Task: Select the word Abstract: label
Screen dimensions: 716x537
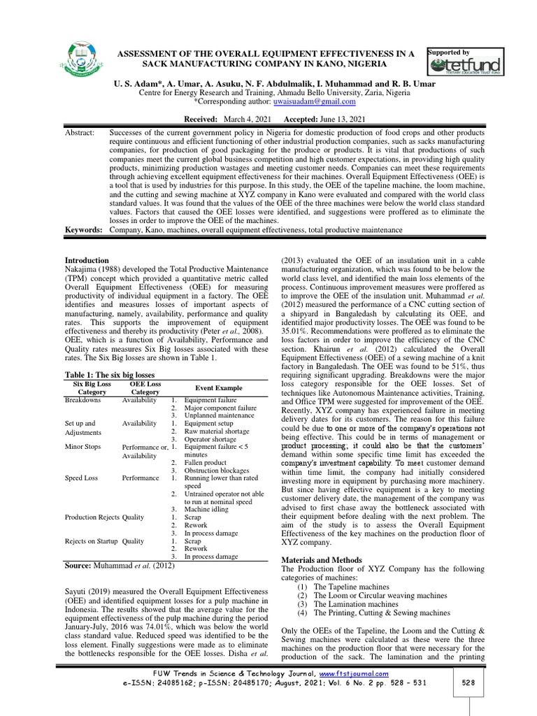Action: coord(80,131)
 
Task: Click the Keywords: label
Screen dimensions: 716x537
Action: coord(83,230)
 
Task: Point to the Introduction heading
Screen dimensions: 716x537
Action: coord(86,260)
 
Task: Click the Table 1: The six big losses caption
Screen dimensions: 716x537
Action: coord(113,375)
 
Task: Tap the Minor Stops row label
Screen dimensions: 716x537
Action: coord(83,445)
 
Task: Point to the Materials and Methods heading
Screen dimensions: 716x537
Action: coord(322,560)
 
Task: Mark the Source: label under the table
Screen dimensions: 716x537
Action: coord(83,564)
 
